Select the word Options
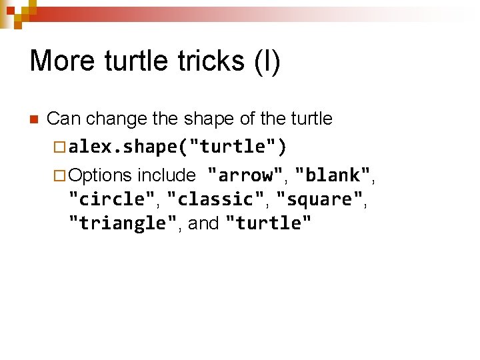point(100,176)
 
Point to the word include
point(166,175)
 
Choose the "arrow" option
point(245,175)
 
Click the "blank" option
point(333,175)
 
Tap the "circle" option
point(111,199)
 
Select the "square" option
point(319,199)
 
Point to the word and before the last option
point(204,223)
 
